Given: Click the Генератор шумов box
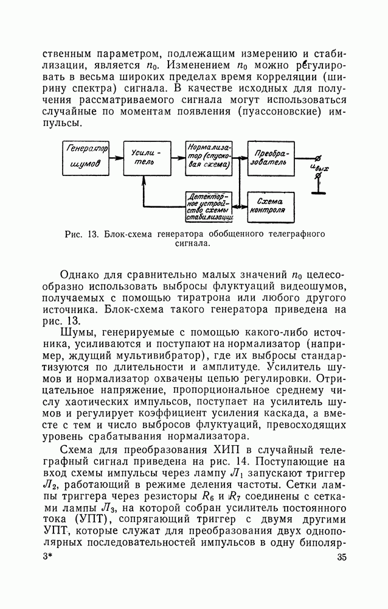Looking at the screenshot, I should (86, 158).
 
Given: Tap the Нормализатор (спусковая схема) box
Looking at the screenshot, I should (209, 158).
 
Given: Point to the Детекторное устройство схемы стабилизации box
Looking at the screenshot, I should (209, 207).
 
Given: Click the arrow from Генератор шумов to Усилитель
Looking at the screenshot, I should (116, 157).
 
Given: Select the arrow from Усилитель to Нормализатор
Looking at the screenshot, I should (178, 157).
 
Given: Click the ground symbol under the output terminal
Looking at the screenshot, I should (316, 193).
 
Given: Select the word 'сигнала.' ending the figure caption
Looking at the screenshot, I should (193, 244).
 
